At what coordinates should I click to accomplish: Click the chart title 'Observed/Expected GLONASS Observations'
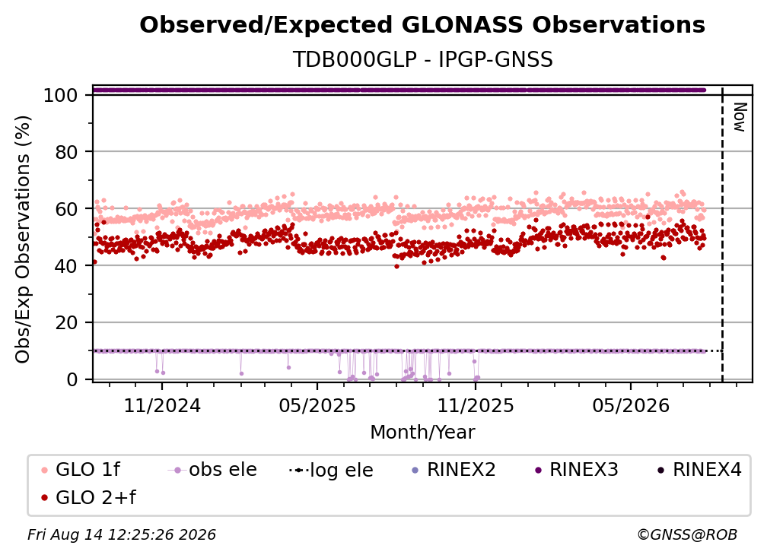pos(422,25)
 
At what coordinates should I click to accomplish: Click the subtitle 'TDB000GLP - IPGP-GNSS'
pos(422,59)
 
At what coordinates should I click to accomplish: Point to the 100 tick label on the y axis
pos(60,95)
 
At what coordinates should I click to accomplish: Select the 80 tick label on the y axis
pos(66,152)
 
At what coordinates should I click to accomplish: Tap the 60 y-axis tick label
pos(66,209)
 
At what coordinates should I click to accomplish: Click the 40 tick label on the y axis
pos(66,266)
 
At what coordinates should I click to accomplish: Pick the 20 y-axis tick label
pos(66,323)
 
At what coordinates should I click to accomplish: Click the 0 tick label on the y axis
pos(72,379)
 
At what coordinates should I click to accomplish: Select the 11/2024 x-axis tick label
pos(162,405)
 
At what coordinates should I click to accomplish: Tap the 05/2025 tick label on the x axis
pos(317,405)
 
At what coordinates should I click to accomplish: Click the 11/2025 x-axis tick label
pos(476,405)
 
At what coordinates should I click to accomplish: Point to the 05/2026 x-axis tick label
pos(631,405)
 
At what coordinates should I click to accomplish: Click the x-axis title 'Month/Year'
pos(422,433)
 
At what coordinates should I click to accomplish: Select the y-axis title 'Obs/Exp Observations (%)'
pos(23,239)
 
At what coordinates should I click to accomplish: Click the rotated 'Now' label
pos(739,117)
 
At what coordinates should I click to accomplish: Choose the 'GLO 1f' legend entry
pos(81,470)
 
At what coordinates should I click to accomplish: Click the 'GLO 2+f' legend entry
pos(89,497)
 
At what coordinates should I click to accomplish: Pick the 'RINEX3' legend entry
pos(577,470)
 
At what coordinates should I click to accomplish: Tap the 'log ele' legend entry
pos(331,470)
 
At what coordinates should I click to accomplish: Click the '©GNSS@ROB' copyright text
pos(687,534)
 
